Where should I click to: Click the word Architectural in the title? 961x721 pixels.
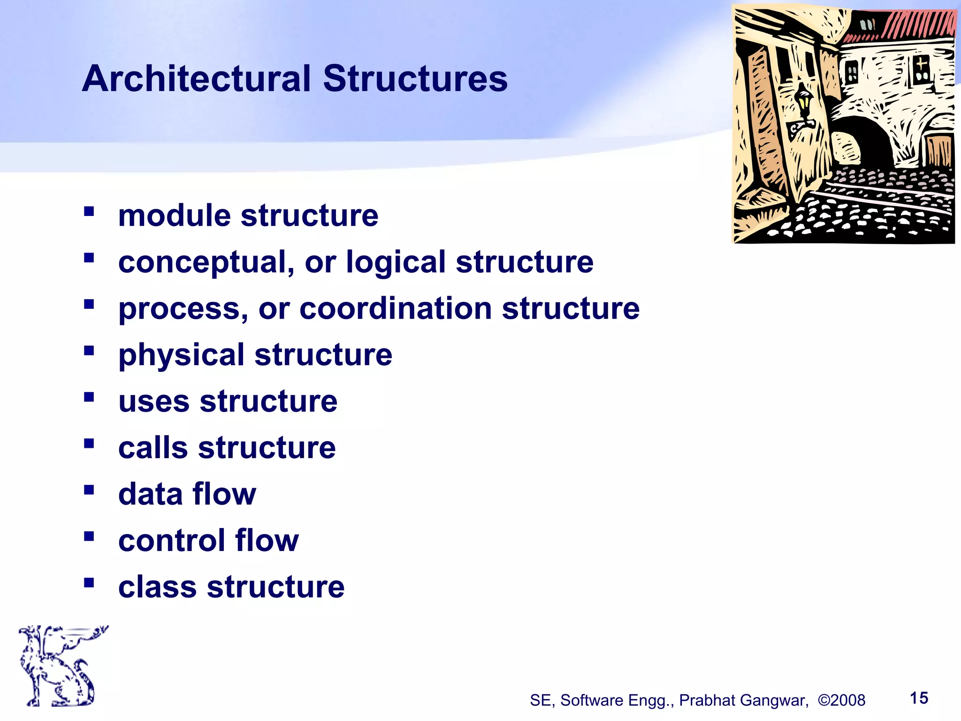tap(196, 78)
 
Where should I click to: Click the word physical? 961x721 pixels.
tap(181, 355)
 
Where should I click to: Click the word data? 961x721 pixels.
tap(150, 494)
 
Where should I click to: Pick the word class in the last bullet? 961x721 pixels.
tap(157, 587)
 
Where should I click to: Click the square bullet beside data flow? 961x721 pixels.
tap(89, 490)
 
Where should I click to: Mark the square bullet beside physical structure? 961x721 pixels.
tap(89, 351)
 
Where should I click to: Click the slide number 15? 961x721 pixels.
tap(919, 698)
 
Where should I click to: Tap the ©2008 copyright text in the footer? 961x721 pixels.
tap(841, 700)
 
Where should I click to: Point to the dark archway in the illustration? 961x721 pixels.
tap(862, 141)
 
